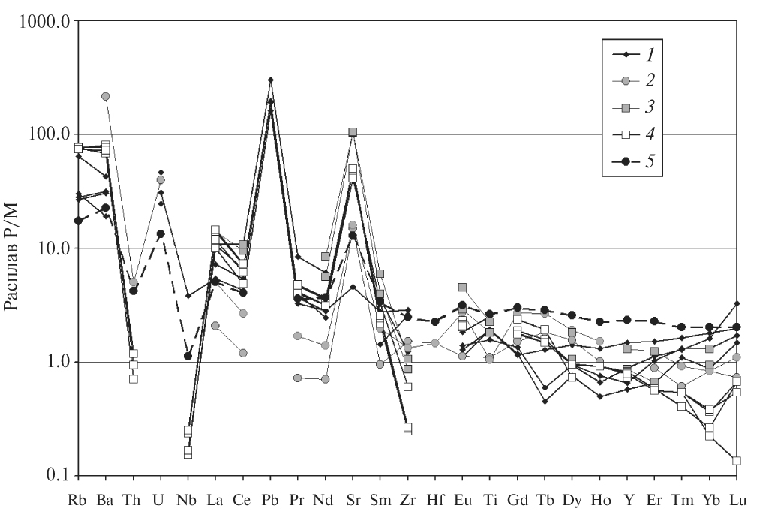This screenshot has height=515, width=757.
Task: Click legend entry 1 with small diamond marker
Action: [x=635, y=56]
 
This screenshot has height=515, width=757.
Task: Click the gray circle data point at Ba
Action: [x=106, y=97]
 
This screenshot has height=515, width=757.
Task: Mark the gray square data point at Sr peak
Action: [x=353, y=132]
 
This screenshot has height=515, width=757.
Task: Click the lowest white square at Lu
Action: [x=737, y=460]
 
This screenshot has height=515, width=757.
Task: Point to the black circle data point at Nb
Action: [x=188, y=356]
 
